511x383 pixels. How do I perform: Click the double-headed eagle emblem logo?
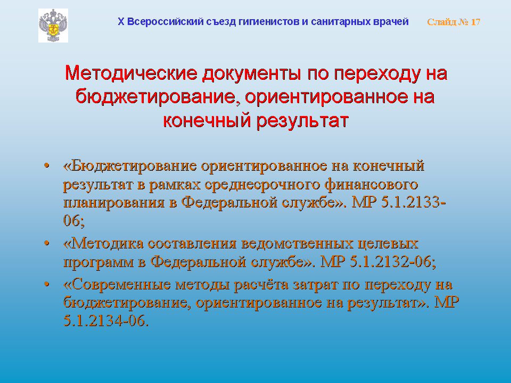(53, 26)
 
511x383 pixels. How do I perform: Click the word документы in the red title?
(252, 73)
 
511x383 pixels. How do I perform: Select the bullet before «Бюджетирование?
(47, 165)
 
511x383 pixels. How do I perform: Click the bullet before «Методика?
(47, 243)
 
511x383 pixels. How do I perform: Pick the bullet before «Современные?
(47, 284)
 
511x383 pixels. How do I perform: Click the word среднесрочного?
(262, 185)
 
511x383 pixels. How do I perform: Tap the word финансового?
(371, 184)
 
